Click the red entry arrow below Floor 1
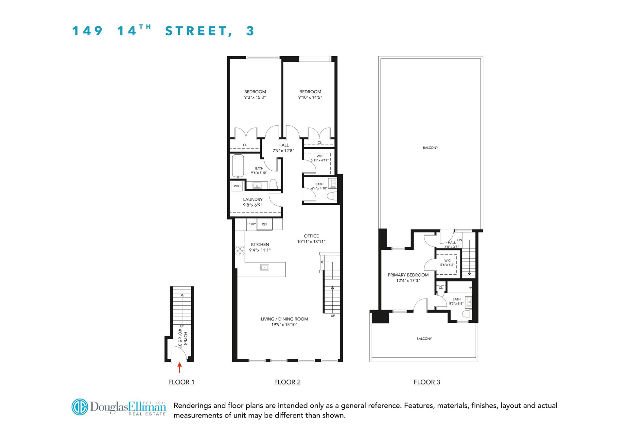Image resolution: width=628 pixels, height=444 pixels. click(x=179, y=367)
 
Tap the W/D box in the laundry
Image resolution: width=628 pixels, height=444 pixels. click(x=237, y=186)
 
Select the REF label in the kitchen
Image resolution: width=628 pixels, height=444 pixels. click(x=265, y=224)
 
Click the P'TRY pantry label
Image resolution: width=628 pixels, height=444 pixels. click(x=252, y=224)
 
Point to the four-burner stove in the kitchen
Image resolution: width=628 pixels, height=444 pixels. click(x=240, y=251)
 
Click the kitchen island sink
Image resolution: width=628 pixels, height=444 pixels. click(x=264, y=268)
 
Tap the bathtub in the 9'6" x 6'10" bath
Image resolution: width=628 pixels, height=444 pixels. click(x=238, y=166)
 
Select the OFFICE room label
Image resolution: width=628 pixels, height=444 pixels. click(x=311, y=236)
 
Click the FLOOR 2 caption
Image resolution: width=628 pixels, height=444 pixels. click(x=287, y=382)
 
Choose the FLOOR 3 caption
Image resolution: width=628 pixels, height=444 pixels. click(x=427, y=382)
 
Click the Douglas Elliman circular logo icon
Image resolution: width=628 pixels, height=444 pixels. click(x=79, y=407)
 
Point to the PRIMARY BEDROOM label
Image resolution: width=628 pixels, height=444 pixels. click(x=408, y=275)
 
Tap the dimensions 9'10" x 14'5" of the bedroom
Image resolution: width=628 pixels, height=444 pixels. click(x=310, y=97)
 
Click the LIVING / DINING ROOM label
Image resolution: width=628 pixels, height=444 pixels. click(x=284, y=319)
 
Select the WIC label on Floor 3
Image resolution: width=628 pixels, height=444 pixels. click(x=447, y=261)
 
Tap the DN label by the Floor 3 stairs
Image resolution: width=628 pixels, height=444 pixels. click(x=460, y=240)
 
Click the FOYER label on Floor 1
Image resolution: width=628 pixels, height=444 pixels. click(x=185, y=339)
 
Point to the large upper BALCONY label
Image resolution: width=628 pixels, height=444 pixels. click(x=430, y=148)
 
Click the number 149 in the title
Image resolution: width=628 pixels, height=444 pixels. click(x=87, y=31)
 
